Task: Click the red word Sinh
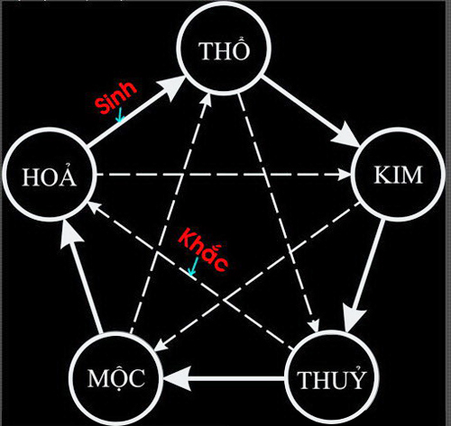pyautogui.click(x=115, y=97)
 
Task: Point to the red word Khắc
pyautogui.click(x=203, y=249)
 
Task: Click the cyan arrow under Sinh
pyautogui.click(x=120, y=115)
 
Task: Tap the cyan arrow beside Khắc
pyautogui.click(x=193, y=266)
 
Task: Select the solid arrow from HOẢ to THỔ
pyautogui.click(x=136, y=111)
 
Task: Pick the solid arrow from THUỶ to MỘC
pyautogui.click(x=224, y=378)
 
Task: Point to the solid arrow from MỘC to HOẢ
pyautogui.click(x=82, y=277)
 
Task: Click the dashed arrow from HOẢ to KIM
pyautogui.click(x=224, y=175)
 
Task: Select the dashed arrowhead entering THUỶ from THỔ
pyautogui.click(x=315, y=326)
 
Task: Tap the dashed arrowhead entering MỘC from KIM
pyautogui.click(x=160, y=346)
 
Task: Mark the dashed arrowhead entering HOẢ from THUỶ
pyautogui.click(x=93, y=206)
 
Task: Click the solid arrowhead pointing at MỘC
pyautogui.click(x=178, y=378)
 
